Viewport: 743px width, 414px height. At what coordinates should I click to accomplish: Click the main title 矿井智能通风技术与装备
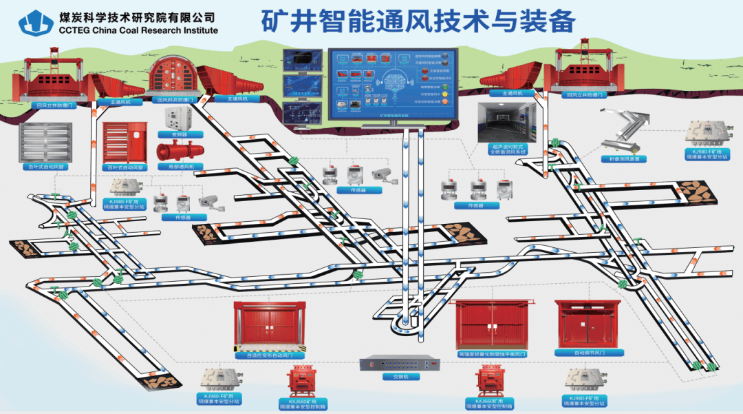point(418,21)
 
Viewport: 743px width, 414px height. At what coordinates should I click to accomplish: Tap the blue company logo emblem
point(36,23)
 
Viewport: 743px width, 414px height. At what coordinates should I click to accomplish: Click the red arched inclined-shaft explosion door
point(175,76)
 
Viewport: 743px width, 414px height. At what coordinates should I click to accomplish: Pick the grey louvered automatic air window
point(45,142)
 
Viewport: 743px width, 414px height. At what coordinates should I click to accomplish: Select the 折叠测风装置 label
point(624,159)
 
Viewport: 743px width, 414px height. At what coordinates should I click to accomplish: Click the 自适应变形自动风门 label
point(268,355)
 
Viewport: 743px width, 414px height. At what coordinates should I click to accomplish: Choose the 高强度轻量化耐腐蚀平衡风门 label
point(491,354)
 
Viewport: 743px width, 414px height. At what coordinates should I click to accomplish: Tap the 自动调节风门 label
point(589,353)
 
